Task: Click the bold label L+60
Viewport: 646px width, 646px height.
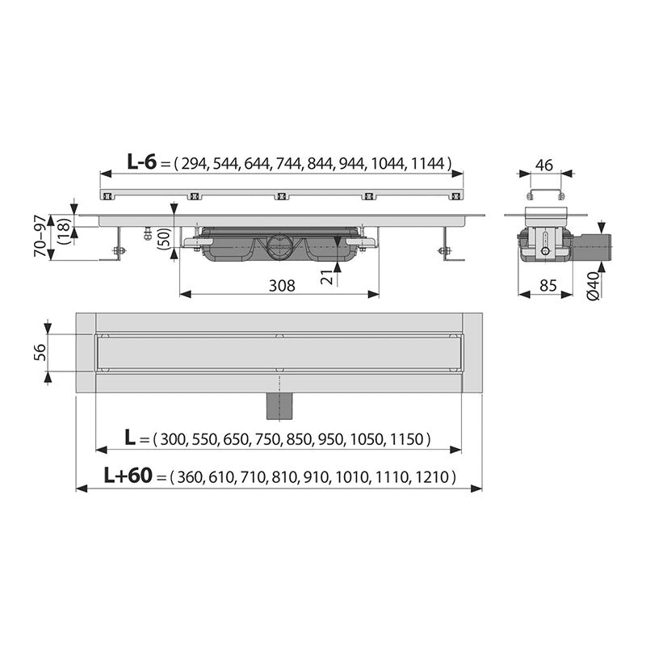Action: [128, 476]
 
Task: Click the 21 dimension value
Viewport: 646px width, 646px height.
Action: [326, 277]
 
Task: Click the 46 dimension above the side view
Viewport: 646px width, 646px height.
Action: [543, 165]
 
